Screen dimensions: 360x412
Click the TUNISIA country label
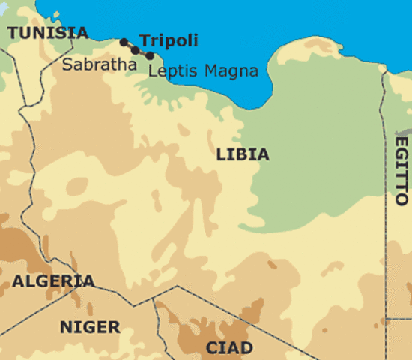click(x=47, y=32)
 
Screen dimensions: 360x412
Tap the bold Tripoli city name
click(x=169, y=40)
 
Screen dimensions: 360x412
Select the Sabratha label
click(x=99, y=64)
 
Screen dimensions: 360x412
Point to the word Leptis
click(x=172, y=72)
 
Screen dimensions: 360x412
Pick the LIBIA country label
click(x=242, y=155)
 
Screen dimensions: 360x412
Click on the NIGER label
click(x=89, y=327)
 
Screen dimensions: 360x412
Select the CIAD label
click(x=228, y=348)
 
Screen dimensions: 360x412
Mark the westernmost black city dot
click(x=124, y=43)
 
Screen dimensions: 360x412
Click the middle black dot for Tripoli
click(x=136, y=49)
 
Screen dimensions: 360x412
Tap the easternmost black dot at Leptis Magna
click(x=151, y=55)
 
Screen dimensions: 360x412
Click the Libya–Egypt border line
click(x=384, y=225)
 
